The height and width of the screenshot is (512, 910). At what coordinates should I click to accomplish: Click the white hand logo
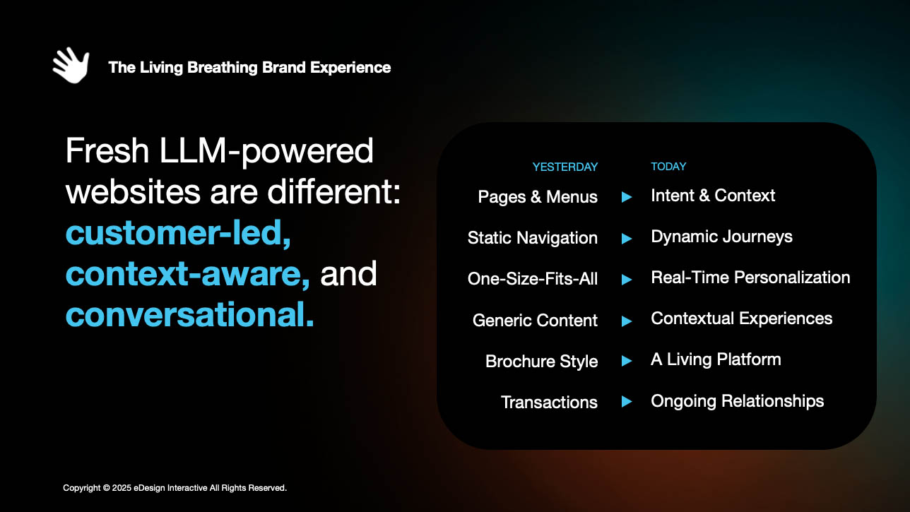click(71, 65)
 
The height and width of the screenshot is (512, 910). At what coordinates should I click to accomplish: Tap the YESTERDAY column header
click(565, 167)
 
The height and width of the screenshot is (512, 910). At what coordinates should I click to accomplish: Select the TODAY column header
click(668, 167)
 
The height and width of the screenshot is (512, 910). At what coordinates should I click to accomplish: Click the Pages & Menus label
click(538, 197)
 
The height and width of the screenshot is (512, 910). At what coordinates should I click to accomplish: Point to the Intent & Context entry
click(713, 196)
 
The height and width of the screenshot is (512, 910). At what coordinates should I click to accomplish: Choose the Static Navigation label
click(533, 238)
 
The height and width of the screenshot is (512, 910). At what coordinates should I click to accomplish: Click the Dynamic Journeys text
click(721, 237)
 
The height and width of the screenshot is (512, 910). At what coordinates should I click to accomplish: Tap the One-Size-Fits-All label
click(533, 279)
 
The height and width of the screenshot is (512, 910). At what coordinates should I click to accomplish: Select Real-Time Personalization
click(750, 278)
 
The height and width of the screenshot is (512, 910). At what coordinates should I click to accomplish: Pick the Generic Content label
click(535, 321)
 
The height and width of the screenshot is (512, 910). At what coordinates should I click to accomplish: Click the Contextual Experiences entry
click(741, 318)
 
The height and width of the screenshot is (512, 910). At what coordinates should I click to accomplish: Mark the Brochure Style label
click(541, 362)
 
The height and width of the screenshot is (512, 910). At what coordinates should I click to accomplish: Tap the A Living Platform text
click(716, 359)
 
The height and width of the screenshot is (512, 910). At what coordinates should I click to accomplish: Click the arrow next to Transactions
click(627, 402)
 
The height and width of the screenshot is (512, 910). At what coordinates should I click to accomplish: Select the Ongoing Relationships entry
click(738, 401)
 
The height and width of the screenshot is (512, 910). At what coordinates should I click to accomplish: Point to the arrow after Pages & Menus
click(627, 197)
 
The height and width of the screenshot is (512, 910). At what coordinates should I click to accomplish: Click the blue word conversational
click(190, 315)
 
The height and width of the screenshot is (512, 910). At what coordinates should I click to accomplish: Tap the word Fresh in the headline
click(107, 150)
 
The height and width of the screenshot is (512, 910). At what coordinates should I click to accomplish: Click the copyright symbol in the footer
click(107, 488)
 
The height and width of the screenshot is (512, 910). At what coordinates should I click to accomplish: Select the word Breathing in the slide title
click(223, 68)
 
